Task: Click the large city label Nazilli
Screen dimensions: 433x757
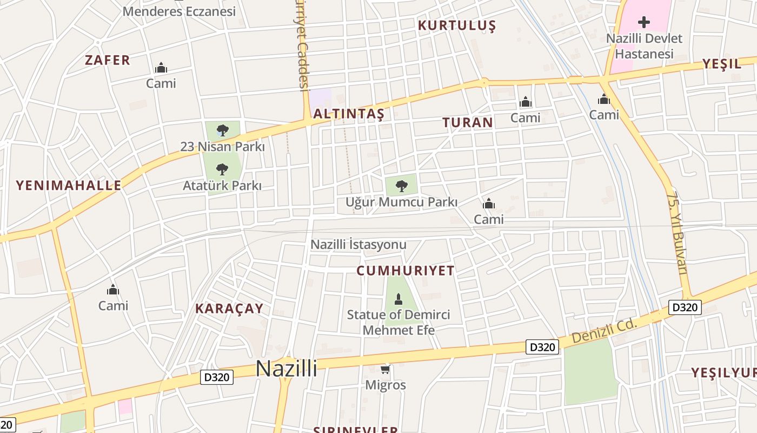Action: [x=286, y=369]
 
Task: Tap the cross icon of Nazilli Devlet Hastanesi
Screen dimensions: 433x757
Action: [x=643, y=22]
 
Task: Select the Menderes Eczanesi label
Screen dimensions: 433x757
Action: [x=180, y=11]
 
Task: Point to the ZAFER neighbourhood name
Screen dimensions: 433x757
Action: [x=108, y=60]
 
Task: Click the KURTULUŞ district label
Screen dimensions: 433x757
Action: [x=457, y=25]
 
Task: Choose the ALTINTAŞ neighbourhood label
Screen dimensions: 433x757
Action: [x=349, y=114]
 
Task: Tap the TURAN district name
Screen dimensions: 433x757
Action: [x=468, y=122]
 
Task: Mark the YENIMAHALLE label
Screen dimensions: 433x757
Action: [x=69, y=186]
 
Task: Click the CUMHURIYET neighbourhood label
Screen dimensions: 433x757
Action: [x=406, y=271]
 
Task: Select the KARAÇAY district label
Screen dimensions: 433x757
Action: [x=229, y=309]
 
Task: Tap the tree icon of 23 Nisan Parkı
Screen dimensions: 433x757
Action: [x=222, y=130]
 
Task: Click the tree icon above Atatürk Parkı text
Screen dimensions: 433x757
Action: [x=222, y=169]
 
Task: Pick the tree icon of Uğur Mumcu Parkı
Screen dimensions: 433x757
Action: [x=401, y=186]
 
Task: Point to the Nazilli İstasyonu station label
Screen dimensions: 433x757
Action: [x=358, y=245]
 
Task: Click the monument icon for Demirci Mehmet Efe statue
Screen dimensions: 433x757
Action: [x=399, y=299]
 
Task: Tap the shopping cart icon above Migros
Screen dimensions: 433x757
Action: [x=386, y=370]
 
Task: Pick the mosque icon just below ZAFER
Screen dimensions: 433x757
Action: [x=161, y=68]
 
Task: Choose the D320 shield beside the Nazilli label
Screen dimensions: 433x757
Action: [x=217, y=377]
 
